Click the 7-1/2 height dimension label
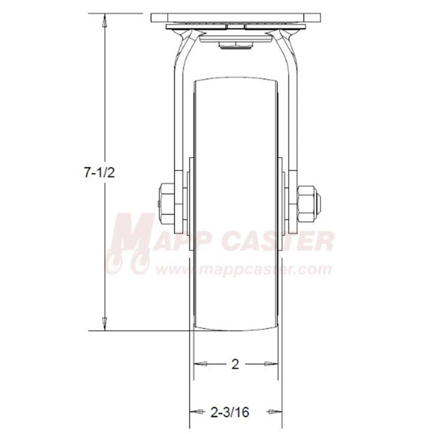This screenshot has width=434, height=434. [99, 173]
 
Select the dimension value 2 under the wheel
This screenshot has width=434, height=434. [235, 364]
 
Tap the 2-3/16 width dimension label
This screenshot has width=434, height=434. [230, 412]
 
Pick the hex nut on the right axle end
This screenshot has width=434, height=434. [306, 204]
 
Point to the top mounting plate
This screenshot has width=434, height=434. [236, 18]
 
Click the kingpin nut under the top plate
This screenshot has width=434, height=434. [235, 46]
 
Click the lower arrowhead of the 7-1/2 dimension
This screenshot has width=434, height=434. [104, 324]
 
